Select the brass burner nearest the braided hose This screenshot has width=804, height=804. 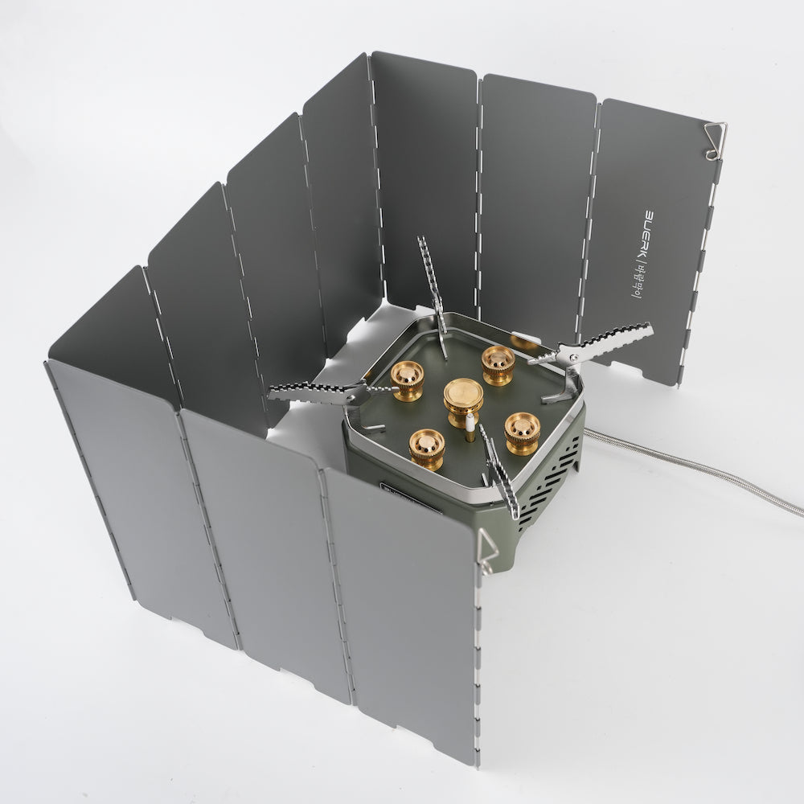522,433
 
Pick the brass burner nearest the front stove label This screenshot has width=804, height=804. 426,448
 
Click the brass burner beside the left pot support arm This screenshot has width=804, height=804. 408,379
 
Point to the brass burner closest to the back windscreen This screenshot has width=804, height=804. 498,364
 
